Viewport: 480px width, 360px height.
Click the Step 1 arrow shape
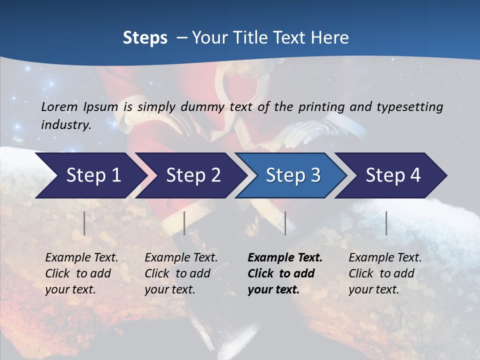pos(93,175)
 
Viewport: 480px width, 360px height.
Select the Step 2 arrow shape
pos(193,175)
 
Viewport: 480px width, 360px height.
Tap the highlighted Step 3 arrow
pos(293,175)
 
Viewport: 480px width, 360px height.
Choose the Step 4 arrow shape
pos(393,175)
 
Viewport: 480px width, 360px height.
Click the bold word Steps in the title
pos(145,38)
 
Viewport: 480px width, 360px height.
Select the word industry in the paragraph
pos(65,124)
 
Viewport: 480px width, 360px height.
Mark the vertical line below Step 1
pos(84,223)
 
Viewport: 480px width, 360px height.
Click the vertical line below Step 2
pos(184,223)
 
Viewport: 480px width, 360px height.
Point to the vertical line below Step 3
pos(285,223)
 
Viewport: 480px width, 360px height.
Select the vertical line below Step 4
pos(386,223)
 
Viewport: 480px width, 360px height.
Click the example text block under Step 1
pos(81,273)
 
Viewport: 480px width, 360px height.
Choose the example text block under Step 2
pos(181,273)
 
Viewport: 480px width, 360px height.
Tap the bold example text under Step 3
pos(285,273)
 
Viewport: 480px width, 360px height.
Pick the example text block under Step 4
pos(385,273)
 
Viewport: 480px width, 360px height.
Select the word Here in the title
pos(332,38)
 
